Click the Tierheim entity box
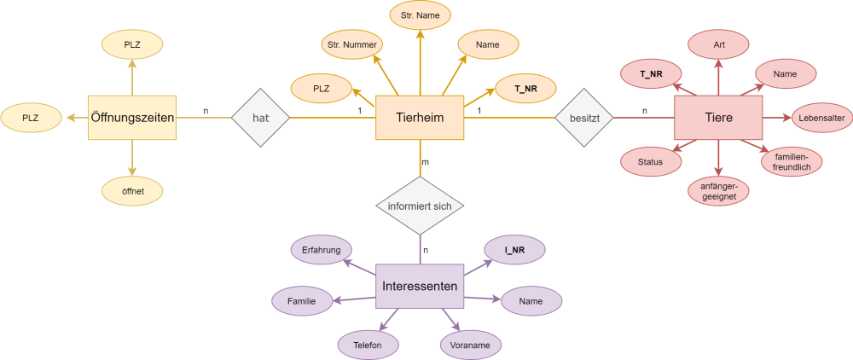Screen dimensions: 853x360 click(420, 118)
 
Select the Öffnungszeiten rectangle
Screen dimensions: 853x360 click(132, 118)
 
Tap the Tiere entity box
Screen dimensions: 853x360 click(718, 118)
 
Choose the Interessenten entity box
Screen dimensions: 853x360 click(420, 286)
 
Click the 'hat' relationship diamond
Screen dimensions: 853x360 click(260, 118)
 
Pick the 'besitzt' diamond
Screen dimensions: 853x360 click(583, 118)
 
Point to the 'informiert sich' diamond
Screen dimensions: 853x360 click(420, 206)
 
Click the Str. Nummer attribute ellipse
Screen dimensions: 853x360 click(352, 45)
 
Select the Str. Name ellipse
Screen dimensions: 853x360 click(421, 15)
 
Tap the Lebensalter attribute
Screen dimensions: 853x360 click(821, 118)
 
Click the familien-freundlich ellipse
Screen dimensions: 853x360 click(791, 161)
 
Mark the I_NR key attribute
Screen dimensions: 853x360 click(514, 250)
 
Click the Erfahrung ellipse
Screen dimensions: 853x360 click(322, 250)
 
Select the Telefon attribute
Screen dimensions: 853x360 click(368, 345)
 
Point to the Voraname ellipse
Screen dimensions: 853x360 click(471, 345)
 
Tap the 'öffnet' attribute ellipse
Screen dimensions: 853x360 click(132, 191)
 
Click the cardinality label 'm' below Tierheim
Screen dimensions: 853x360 click(426, 163)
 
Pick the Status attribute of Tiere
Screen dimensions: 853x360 click(651, 161)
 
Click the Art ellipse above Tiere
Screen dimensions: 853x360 click(719, 45)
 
